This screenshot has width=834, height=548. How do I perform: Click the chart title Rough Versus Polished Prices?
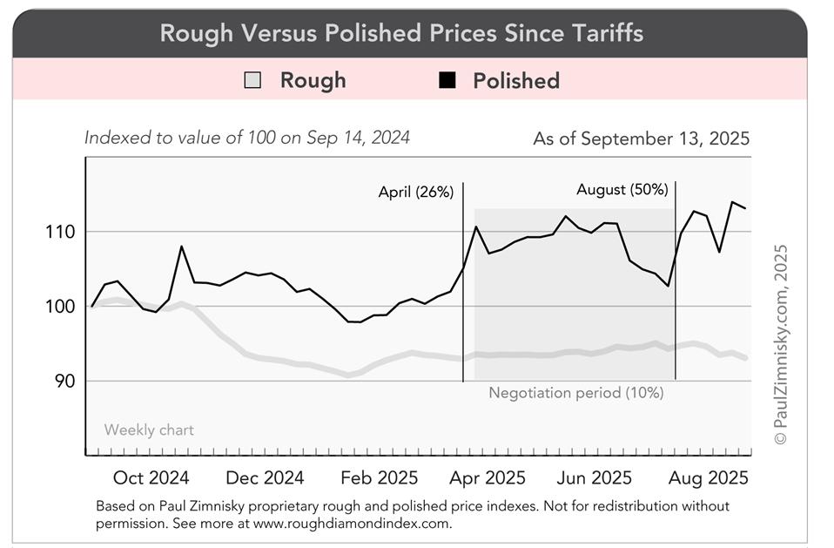(401, 34)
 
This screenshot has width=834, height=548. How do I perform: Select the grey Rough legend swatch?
(252, 81)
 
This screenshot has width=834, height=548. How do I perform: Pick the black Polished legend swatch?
(447, 81)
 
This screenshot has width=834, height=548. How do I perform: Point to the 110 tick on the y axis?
(61, 232)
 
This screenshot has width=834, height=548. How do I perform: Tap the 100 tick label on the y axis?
(61, 307)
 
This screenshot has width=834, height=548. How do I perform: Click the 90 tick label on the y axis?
(64, 381)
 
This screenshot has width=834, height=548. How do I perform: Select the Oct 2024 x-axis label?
(151, 477)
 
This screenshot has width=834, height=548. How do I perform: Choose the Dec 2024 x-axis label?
(265, 477)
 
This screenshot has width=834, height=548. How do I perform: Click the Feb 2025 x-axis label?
(379, 477)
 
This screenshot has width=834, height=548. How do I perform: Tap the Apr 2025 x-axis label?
(492, 477)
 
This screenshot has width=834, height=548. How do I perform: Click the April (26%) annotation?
(416, 193)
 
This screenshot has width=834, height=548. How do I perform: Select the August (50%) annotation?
(622, 189)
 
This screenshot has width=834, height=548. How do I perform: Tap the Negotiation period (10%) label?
(575, 393)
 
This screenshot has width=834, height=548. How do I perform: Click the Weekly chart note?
(149, 430)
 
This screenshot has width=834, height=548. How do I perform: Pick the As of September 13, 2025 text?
(641, 139)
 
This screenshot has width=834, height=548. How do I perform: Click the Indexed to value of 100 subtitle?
(247, 138)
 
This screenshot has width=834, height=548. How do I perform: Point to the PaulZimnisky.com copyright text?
(781, 344)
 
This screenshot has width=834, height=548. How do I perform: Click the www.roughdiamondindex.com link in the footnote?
(353, 524)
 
